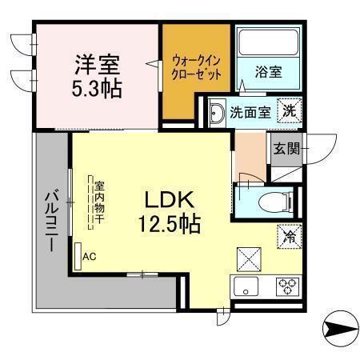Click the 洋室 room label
(98, 65)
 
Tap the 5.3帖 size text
(97, 88)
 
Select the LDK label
(169, 200)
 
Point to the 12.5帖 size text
(169, 224)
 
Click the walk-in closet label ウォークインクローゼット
(197, 67)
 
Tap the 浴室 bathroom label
(269, 72)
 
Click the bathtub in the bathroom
(268, 42)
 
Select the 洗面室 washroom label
(250, 113)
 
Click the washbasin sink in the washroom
(217, 113)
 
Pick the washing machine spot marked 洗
(290, 110)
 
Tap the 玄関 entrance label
(287, 149)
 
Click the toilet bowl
(275, 202)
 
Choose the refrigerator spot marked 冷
(290, 237)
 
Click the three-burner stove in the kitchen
(287, 286)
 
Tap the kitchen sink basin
(246, 286)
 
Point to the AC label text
(90, 257)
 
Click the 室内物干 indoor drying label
(99, 202)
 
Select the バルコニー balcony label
(51, 221)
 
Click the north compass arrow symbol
(341, 328)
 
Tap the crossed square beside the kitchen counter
(249, 259)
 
